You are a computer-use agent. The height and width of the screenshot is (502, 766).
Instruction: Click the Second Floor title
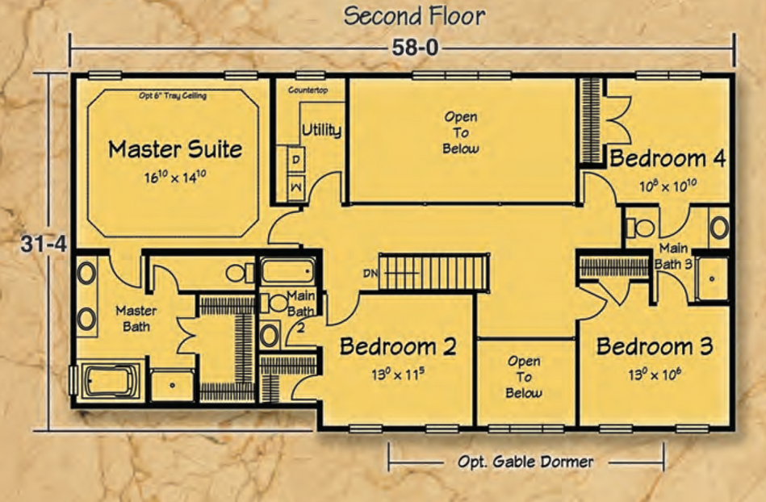414,16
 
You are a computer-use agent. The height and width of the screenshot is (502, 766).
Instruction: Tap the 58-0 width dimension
415,48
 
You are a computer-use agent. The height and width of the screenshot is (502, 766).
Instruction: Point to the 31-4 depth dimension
44,244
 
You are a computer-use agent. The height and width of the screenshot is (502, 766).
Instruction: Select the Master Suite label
175,149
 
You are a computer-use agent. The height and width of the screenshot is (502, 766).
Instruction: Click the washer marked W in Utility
296,187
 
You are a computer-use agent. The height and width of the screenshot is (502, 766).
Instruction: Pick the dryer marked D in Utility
296,160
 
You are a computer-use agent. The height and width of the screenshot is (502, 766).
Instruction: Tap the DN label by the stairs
370,274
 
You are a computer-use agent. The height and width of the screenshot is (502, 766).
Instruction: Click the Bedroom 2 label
398,346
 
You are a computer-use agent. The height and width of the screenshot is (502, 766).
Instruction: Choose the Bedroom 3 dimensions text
655,374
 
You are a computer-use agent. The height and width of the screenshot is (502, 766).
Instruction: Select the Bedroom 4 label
668,159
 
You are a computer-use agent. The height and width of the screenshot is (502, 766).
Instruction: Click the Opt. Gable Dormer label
525,462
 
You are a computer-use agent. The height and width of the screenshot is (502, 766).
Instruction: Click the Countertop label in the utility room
308,90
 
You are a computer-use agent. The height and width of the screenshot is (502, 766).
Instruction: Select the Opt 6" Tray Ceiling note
173,96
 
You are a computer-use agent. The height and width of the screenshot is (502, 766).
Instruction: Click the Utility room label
321,131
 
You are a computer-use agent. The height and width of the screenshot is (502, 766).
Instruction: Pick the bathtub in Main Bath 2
287,271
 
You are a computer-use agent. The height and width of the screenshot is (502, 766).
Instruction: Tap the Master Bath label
136,318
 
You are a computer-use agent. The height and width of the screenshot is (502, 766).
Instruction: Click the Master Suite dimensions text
174,177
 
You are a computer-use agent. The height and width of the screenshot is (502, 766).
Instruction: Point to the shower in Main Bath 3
711,278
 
